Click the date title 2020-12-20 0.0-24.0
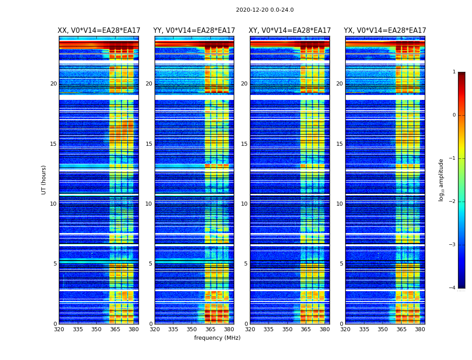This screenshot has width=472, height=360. (265, 10)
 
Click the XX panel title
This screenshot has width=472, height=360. (99, 31)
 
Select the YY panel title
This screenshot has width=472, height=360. (194, 31)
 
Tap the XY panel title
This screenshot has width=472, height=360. (289, 31)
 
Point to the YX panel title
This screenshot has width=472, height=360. (385, 31)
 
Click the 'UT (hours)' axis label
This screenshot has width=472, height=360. (44, 180)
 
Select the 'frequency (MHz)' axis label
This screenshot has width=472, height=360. (217, 338)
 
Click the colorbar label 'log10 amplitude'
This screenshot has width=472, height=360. (441, 180)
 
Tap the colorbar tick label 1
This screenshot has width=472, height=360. (454, 72)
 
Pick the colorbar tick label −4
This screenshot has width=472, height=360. (453, 288)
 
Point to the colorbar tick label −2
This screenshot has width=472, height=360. (453, 202)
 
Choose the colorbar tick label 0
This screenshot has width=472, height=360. (454, 115)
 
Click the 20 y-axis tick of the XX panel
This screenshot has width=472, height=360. (53, 84)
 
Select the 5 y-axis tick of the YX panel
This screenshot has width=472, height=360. (341, 264)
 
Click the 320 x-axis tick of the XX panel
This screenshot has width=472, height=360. (59, 329)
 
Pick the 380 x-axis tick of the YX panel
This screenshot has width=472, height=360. (420, 329)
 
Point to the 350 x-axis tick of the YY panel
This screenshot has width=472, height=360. (192, 329)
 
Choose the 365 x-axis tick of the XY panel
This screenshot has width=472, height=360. (306, 329)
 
